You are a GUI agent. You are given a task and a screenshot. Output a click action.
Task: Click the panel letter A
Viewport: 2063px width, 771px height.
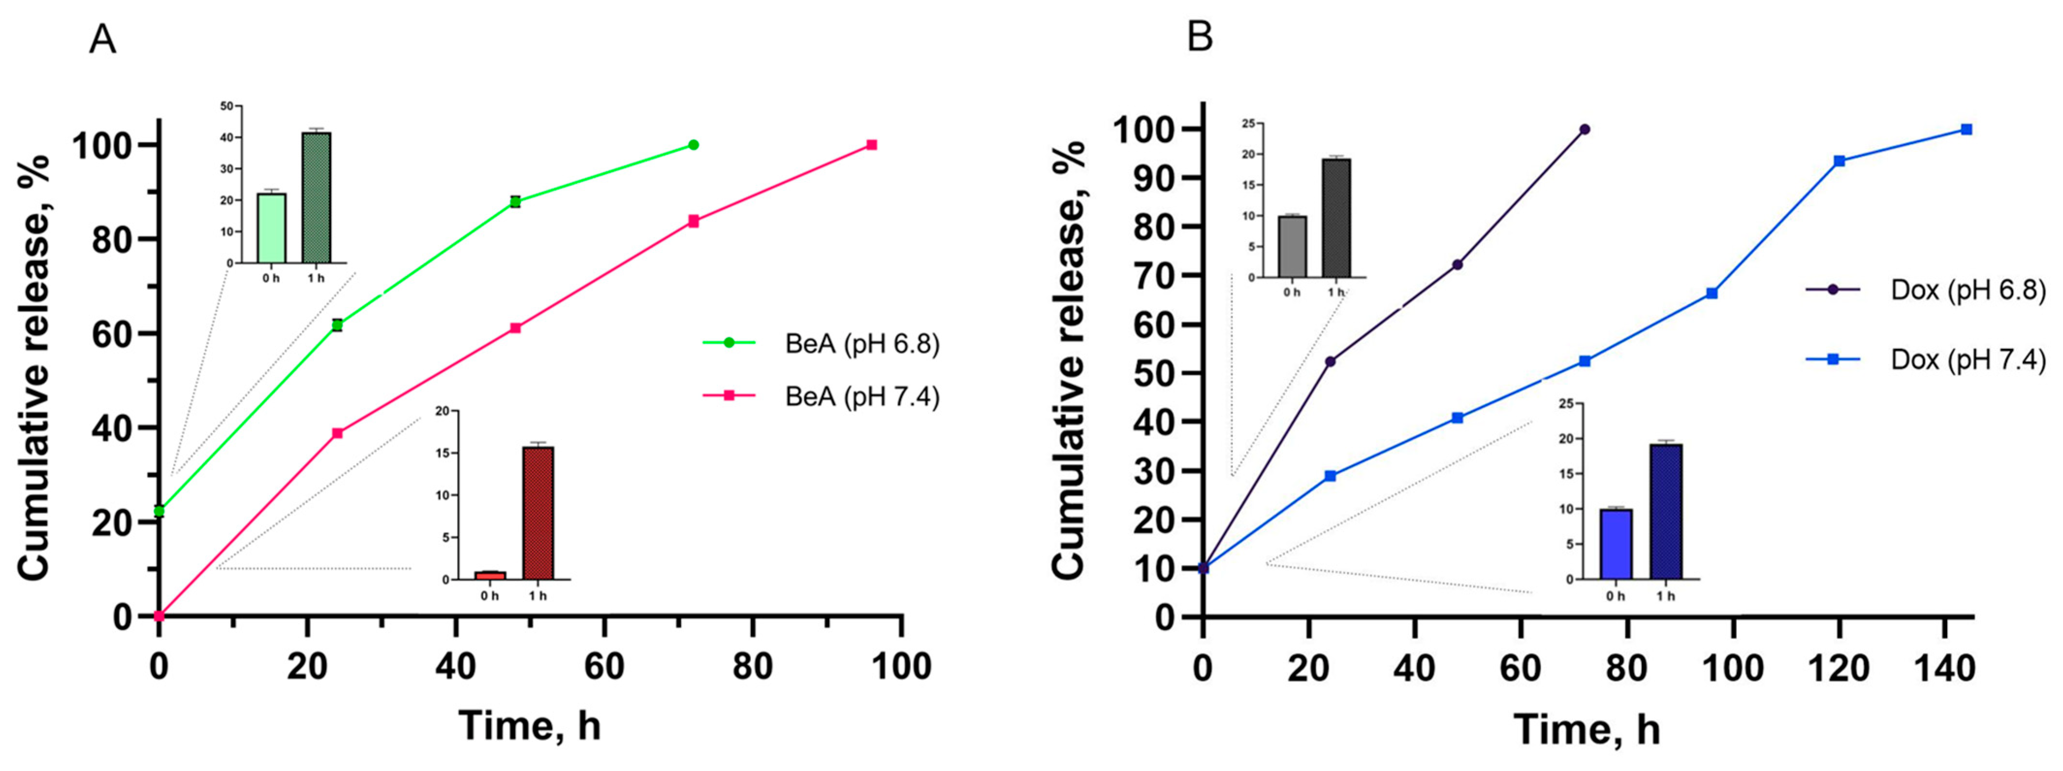tap(103, 38)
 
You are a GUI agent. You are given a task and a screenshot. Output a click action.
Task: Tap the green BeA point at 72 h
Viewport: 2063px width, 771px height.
tap(693, 145)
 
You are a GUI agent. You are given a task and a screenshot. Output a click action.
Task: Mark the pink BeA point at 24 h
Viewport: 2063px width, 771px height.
tap(337, 434)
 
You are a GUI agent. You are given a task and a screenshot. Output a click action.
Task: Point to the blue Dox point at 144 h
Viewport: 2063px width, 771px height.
tap(1966, 129)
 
